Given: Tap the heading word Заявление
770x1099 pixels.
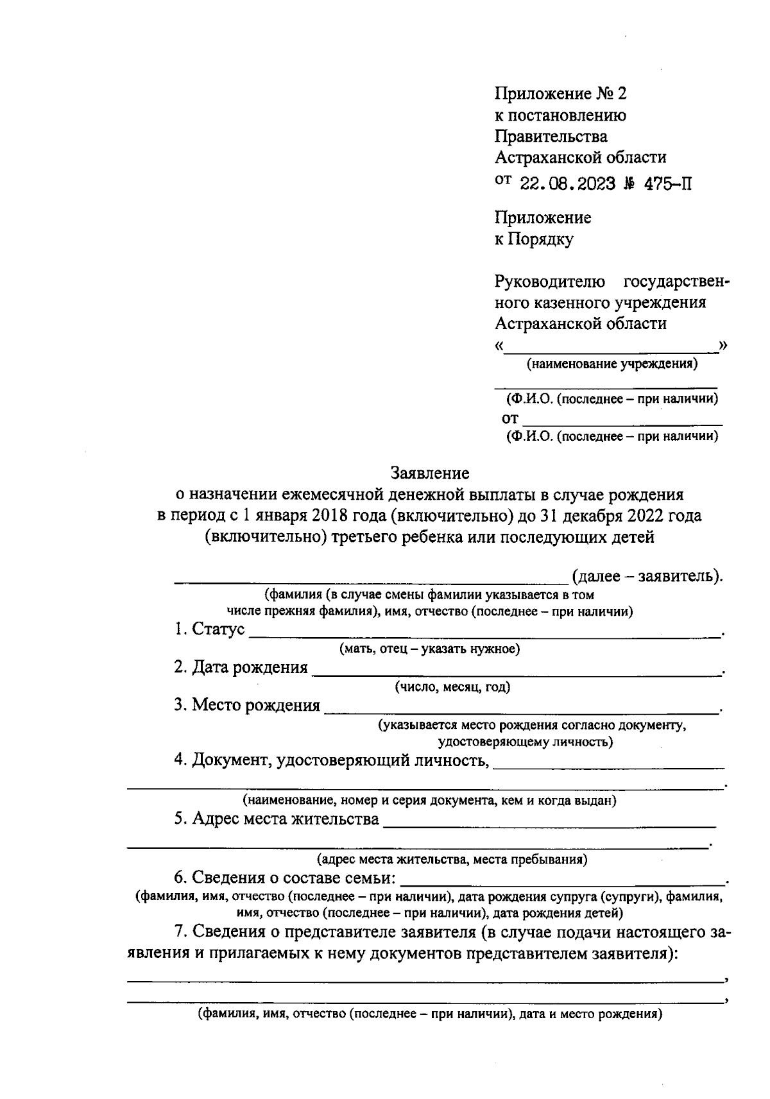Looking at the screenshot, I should [430, 473].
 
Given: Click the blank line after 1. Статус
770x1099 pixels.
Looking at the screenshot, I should [484, 635].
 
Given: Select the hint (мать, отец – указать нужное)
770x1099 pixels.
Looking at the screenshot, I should [429, 649].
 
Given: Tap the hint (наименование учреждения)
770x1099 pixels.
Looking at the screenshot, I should [612, 364].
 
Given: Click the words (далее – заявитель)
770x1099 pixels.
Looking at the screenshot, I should [647, 575].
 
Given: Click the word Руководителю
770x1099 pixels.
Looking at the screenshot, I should [550, 282].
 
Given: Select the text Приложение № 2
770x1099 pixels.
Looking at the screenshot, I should [560, 94].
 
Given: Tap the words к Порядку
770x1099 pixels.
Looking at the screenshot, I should [534, 239].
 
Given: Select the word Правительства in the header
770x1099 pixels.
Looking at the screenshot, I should [551, 136].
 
